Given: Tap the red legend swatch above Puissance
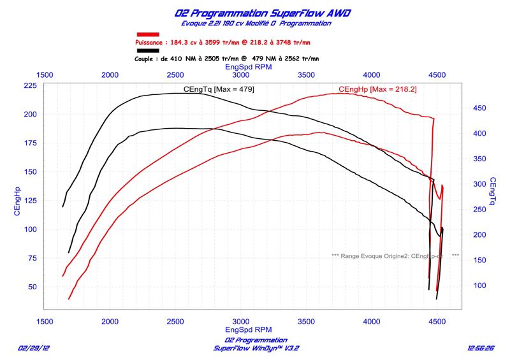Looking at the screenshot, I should [x=148, y=34].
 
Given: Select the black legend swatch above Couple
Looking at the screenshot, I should [x=148, y=50].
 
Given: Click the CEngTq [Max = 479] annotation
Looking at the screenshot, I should [x=218, y=89].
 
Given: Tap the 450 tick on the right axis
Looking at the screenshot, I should [x=479, y=108].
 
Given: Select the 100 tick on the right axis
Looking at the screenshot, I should [x=479, y=285].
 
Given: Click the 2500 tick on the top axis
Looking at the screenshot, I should [x=175, y=75].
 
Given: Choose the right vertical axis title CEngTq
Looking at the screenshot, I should [x=493, y=192].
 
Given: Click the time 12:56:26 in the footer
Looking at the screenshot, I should [x=481, y=349].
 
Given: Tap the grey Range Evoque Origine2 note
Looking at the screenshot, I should [x=395, y=256].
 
